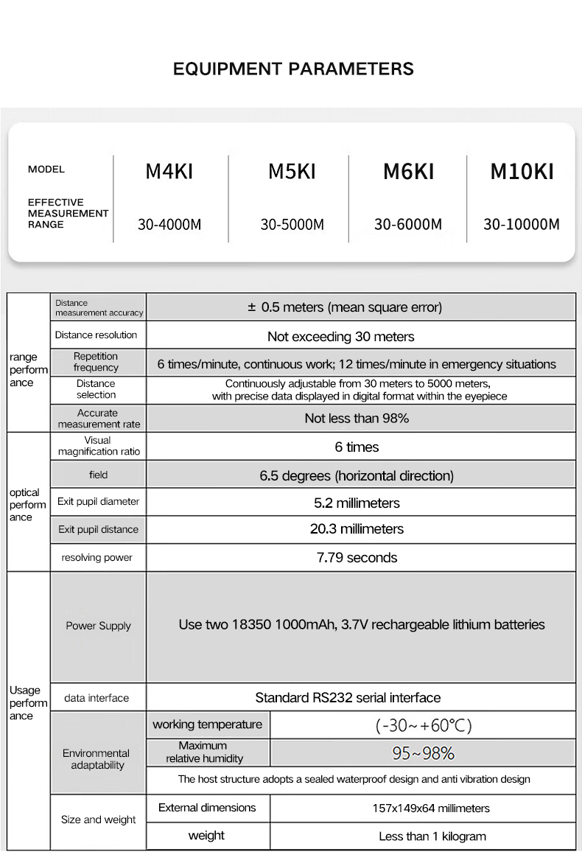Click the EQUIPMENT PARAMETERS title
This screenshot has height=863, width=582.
click(293, 69)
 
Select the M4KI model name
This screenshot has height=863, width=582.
click(169, 172)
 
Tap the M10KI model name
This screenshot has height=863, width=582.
click(522, 172)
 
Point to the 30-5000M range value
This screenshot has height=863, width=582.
click(292, 224)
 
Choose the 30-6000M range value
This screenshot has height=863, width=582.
click(407, 224)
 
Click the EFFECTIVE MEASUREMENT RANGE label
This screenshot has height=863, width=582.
click(68, 213)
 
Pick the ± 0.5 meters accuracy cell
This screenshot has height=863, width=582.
click(345, 307)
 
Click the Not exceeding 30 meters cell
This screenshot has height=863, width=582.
click(340, 336)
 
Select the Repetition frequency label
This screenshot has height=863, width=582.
click(96, 362)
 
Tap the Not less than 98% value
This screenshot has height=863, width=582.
click(357, 418)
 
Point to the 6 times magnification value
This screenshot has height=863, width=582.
click(357, 447)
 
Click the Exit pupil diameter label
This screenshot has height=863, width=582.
click(98, 502)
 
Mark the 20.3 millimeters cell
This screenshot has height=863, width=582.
click(357, 529)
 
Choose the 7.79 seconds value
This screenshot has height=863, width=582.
click(357, 557)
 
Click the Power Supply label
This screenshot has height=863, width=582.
click(98, 626)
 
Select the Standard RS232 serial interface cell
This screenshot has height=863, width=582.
click(348, 697)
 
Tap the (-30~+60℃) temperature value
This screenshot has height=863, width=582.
click(423, 725)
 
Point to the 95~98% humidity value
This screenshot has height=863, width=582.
click(423, 753)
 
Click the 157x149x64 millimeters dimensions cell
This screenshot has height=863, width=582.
click(430, 808)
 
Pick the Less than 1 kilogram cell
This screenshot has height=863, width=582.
click(432, 836)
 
